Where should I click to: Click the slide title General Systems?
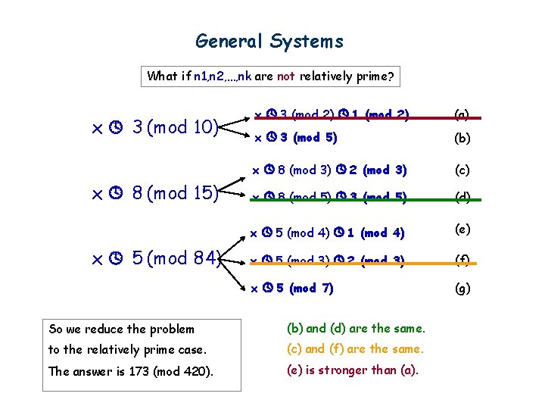269,41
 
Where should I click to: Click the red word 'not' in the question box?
286,76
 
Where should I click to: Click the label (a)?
462,115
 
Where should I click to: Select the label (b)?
462,139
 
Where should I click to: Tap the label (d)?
462,198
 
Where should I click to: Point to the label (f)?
462,261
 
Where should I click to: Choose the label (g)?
462,288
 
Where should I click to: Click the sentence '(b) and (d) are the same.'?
356,329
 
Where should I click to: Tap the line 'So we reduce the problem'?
121,329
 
